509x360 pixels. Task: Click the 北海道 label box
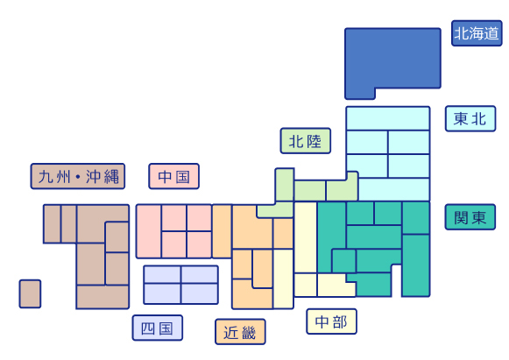[477, 33]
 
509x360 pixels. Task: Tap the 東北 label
[470, 118]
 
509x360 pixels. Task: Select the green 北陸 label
[306, 140]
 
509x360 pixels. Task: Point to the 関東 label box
[470, 217]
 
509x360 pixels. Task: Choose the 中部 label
[331, 321]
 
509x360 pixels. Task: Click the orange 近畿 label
[240, 332]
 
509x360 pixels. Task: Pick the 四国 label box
[158, 328]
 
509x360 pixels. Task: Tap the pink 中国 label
[174, 176]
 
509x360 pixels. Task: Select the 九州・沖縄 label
[78, 176]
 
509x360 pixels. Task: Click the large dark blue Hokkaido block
[392, 59]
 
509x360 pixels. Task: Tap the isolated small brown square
[30, 293]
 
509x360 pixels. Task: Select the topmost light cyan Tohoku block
[388, 118]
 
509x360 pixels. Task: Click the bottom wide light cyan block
[394, 189]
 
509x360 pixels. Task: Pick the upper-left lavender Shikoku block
[162, 275]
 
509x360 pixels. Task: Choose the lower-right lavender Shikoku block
[200, 293]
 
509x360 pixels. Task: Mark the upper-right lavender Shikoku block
[200, 275]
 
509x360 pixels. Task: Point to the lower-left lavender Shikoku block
[162, 293]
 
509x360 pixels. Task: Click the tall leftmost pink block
[149, 231]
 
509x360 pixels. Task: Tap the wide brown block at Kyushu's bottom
[103, 297]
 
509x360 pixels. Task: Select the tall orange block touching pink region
[222, 231]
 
